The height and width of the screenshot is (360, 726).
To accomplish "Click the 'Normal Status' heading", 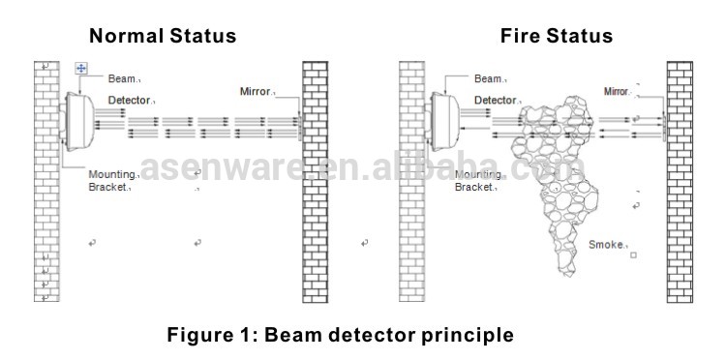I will coord(163,37).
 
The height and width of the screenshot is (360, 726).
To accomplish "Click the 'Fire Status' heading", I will coord(556,37).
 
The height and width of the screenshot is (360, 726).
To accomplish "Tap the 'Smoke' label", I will coord(606,246).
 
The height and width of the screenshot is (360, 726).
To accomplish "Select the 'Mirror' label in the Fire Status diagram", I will coord(617,91).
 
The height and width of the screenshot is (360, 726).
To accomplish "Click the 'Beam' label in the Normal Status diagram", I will coord(121,78).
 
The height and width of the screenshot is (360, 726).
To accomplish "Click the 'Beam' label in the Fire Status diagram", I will coord(488,78).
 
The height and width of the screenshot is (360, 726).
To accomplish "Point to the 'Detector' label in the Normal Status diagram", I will coord(130,100).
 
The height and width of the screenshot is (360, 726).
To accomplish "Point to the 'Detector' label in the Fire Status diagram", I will coord(495,100).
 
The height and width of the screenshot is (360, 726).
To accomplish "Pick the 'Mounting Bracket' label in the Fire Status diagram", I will coord(479,180).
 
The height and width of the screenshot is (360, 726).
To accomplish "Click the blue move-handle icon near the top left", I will coord(81,68).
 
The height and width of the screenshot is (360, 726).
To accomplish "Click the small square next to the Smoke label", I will coord(633,256).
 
